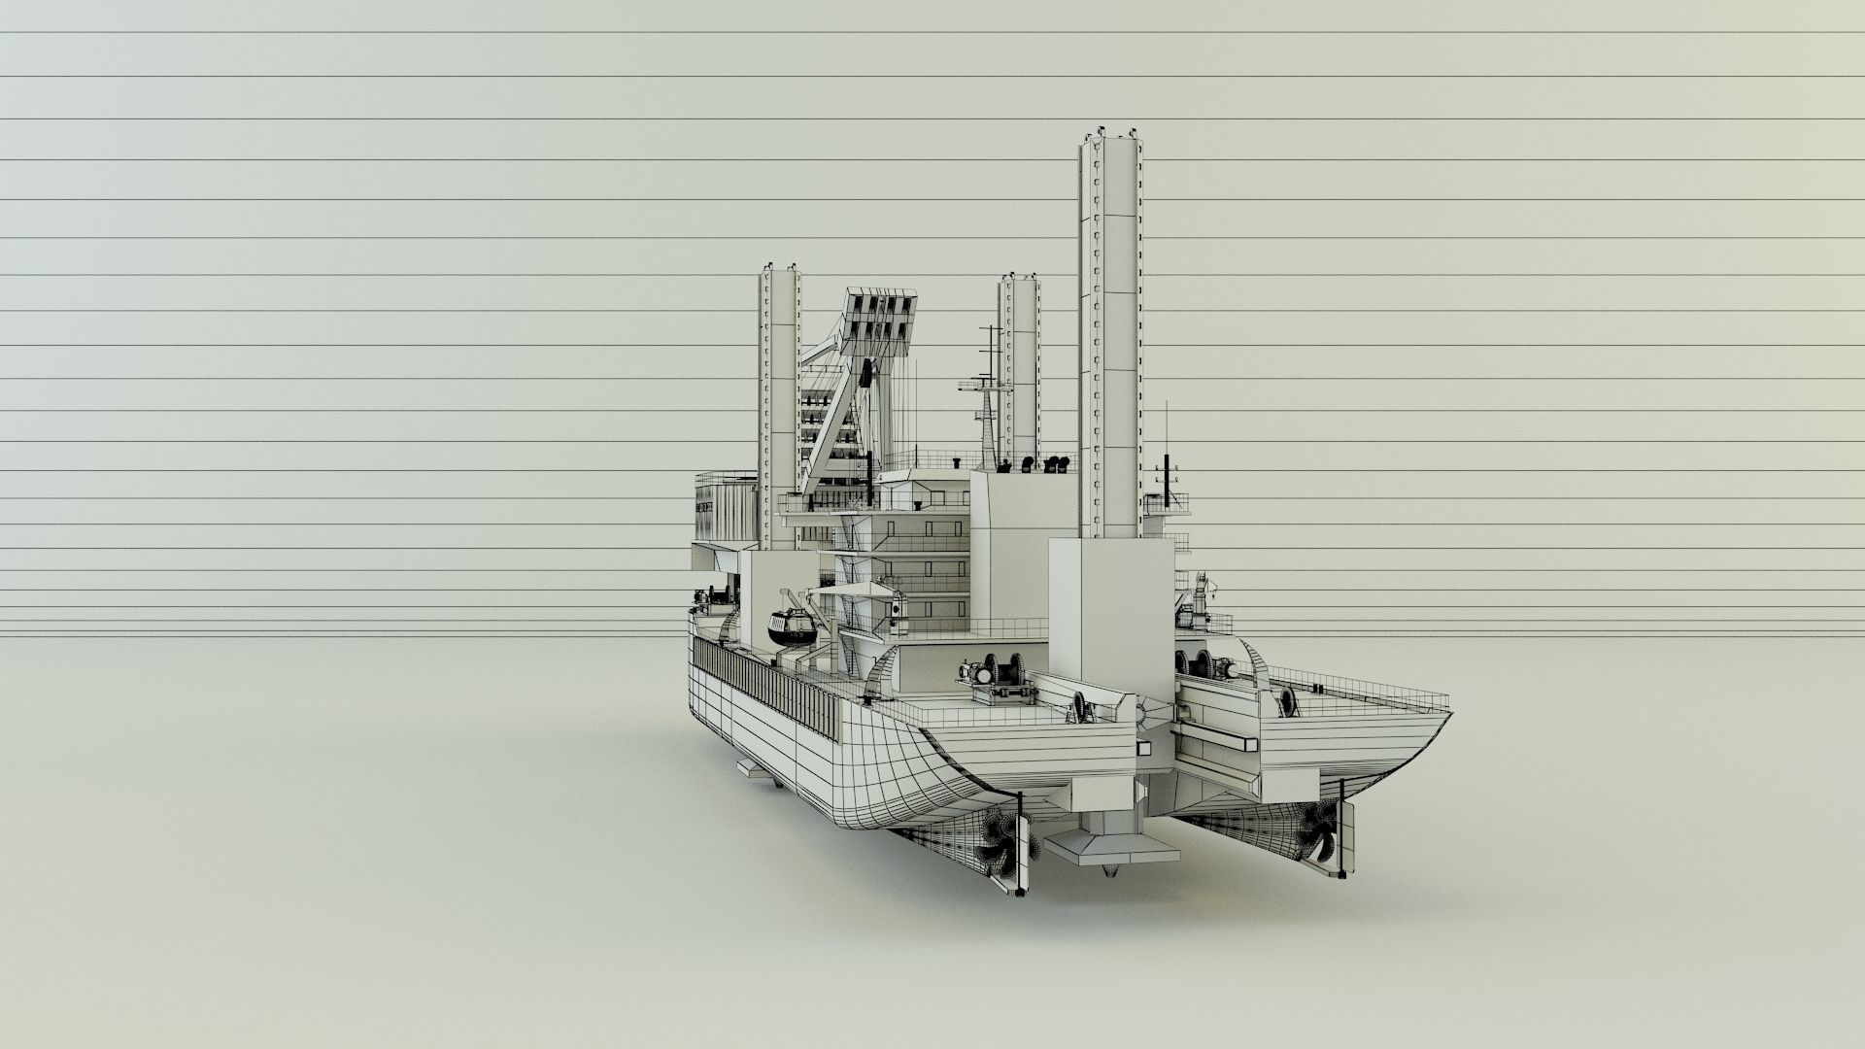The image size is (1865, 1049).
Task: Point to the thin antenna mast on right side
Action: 1166,437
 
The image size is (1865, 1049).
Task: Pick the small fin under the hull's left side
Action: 755,768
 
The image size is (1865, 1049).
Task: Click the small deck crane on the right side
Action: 1203,597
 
